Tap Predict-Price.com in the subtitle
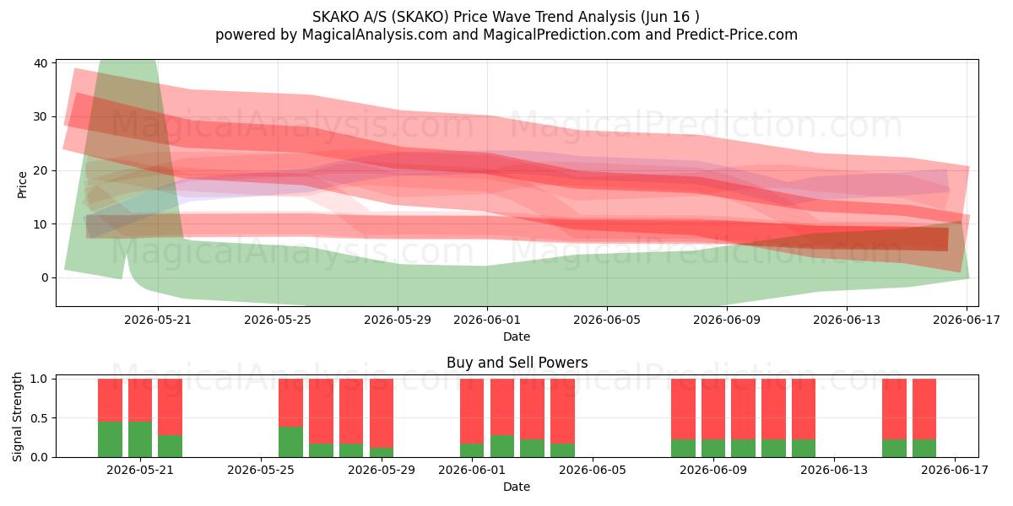(x=737, y=35)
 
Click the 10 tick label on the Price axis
(x=41, y=224)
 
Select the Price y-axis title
(x=22, y=186)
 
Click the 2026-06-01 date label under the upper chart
(x=487, y=320)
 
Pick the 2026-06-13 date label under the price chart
(x=847, y=320)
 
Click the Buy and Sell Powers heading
(x=517, y=363)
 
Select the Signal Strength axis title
(x=17, y=417)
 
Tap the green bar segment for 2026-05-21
(x=140, y=439)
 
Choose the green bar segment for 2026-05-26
(x=290, y=442)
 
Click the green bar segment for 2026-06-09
(x=713, y=448)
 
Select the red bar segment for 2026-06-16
(x=924, y=409)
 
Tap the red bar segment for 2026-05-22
(x=170, y=407)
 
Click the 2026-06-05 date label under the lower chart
(x=593, y=470)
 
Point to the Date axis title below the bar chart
(x=517, y=487)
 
